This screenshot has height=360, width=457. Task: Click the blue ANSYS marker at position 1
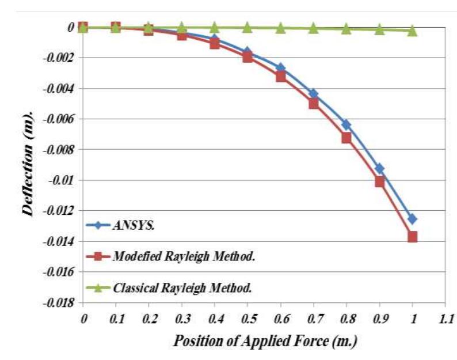[x=412, y=219]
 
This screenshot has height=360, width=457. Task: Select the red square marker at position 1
[x=412, y=237]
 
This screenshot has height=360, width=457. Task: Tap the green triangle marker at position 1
[x=412, y=31]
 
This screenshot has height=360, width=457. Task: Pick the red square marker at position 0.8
[x=346, y=138]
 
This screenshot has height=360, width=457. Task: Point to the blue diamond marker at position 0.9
[x=379, y=168]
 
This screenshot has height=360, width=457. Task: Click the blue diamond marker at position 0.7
[x=314, y=93]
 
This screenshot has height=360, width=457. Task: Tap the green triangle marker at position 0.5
[x=247, y=27]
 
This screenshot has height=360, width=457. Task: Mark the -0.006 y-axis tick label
[x=59, y=119]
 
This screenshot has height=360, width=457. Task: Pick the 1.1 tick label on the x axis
[x=445, y=317]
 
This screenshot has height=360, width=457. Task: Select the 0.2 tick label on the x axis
[x=148, y=317]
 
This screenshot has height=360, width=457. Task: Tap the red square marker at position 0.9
[x=379, y=181]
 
